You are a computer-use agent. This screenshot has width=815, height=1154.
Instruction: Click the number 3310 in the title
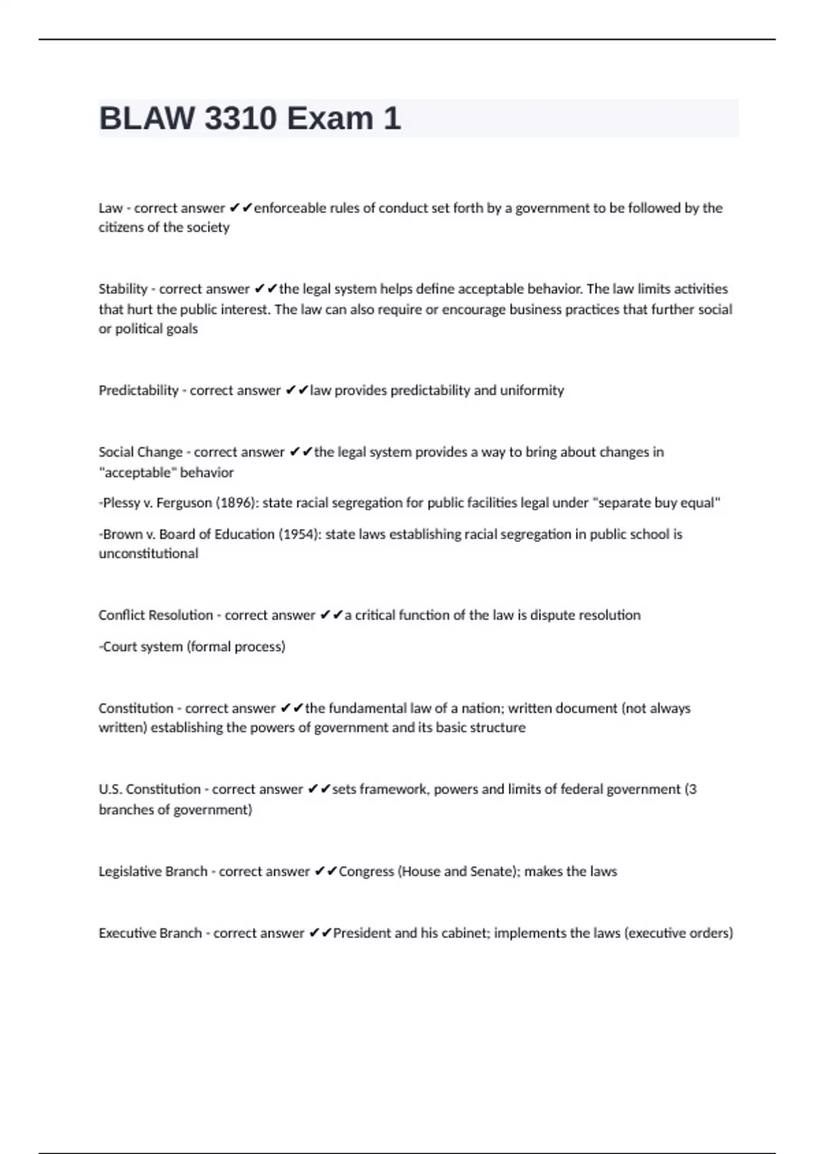(x=240, y=119)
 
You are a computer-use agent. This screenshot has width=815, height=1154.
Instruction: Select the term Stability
(x=123, y=289)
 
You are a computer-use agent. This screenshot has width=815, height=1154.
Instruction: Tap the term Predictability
(x=139, y=390)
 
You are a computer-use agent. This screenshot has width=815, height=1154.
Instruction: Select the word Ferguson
(x=184, y=503)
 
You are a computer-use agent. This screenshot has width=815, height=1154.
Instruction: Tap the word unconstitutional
(x=149, y=554)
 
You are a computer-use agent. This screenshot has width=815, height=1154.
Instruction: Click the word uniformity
(x=532, y=390)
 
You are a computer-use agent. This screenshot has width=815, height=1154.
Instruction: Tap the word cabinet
(x=464, y=933)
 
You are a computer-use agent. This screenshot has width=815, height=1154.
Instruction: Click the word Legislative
(x=128, y=872)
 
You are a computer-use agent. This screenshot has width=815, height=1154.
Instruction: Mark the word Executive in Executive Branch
(x=124, y=933)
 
